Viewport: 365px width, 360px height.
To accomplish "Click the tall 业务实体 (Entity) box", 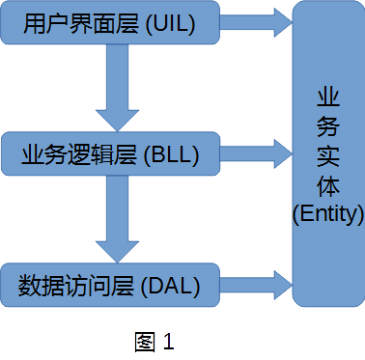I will [x=327, y=153].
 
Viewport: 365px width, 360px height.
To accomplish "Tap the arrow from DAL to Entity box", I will [x=256, y=284].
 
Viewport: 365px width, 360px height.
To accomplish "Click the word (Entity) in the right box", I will [x=327, y=211].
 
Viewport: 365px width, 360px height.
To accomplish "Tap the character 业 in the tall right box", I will [x=327, y=97].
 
